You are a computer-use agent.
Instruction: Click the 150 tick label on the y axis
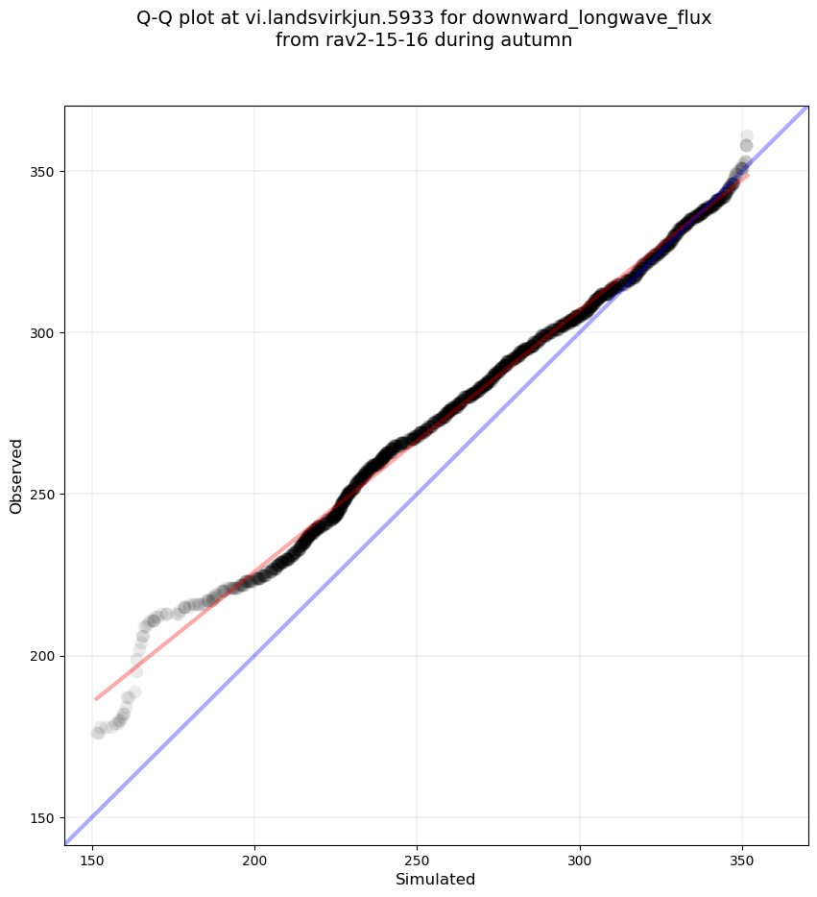(42, 817)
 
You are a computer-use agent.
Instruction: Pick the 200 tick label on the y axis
(42, 656)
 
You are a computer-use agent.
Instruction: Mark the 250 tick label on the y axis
(42, 495)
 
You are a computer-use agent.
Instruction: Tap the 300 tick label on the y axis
(42, 333)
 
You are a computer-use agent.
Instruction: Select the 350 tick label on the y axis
(42, 172)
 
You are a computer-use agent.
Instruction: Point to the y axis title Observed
(16, 476)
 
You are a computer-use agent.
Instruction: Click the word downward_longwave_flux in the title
(591, 18)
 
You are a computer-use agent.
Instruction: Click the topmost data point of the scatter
(747, 136)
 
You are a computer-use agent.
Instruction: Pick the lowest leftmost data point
(98, 733)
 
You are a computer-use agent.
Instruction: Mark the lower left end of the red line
(96, 699)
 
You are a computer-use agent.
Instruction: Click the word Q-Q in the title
(156, 18)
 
